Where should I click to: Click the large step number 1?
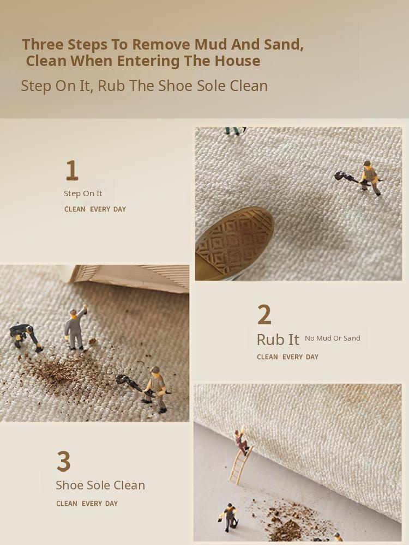tap(71, 170)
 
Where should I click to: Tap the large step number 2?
tap(264, 314)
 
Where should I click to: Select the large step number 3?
tap(64, 461)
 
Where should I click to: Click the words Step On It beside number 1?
tap(83, 193)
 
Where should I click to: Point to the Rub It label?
tap(278, 340)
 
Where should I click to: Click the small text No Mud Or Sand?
tap(333, 338)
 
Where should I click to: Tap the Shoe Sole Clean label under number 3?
tap(100, 485)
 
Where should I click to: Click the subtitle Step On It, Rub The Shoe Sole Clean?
tap(145, 86)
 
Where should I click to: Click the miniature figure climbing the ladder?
tap(242, 441)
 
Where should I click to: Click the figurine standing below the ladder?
tap(229, 517)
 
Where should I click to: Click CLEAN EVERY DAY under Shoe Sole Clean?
tap(87, 503)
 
